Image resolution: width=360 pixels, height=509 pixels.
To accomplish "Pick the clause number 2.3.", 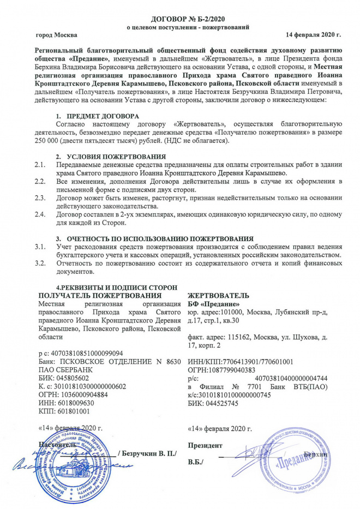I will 39,197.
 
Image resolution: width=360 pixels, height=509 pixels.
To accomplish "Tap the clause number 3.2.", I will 39,264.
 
